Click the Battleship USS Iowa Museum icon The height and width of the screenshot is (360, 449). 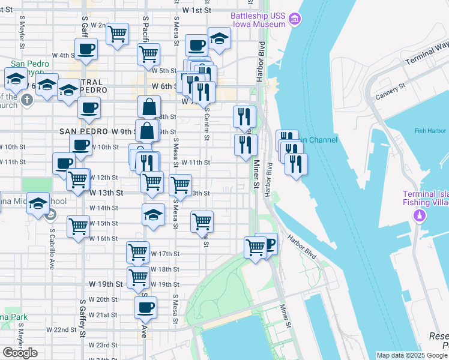click(294, 20)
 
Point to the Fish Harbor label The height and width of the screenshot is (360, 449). click(428, 131)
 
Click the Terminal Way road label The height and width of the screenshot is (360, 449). click(427, 53)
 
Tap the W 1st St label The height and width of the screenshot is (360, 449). click(197, 10)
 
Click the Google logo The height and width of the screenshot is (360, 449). click(20, 353)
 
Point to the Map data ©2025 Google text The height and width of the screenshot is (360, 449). click(412, 355)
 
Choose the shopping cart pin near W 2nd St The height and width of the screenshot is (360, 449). click(118, 33)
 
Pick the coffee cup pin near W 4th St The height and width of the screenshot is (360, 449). click(86, 49)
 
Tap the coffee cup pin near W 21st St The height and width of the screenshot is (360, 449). click(145, 308)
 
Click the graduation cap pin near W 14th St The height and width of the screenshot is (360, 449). click(153, 214)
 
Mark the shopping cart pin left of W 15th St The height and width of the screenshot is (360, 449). click(78, 227)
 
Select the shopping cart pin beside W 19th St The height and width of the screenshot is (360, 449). click(138, 277)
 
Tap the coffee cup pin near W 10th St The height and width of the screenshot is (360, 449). click(80, 145)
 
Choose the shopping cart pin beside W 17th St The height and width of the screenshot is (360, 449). click(138, 251)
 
